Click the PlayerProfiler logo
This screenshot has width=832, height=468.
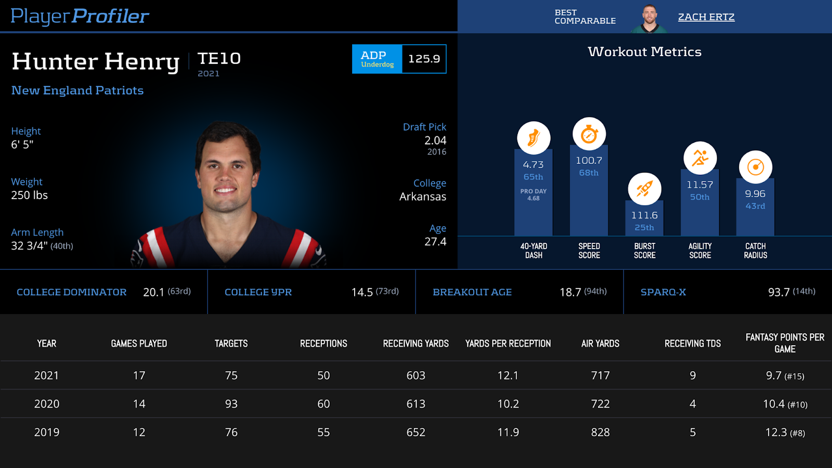(x=80, y=16)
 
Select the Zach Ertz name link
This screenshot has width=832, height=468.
(x=706, y=17)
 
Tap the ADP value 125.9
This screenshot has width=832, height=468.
(x=424, y=59)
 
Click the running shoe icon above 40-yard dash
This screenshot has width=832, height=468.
(x=534, y=138)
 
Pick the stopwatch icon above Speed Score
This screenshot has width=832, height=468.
(x=589, y=134)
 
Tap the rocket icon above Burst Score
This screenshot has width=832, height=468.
(x=644, y=189)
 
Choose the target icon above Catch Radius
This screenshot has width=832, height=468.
(x=755, y=167)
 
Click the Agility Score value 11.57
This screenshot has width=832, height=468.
(x=700, y=185)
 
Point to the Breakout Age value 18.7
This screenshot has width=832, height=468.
(x=570, y=292)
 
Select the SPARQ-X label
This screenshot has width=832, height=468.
(x=663, y=292)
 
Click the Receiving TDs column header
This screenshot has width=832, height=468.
(x=693, y=343)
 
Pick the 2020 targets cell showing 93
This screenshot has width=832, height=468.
(x=231, y=404)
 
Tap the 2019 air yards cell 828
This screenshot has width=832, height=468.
(x=600, y=432)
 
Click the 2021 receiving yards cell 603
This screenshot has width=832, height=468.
(x=415, y=375)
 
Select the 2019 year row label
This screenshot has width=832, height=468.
(x=47, y=432)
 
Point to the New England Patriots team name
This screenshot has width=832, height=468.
(x=77, y=90)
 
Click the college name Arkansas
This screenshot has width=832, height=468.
(x=422, y=197)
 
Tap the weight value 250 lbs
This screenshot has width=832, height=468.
(x=30, y=195)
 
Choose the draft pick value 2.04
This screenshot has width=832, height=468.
(x=435, y=140)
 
